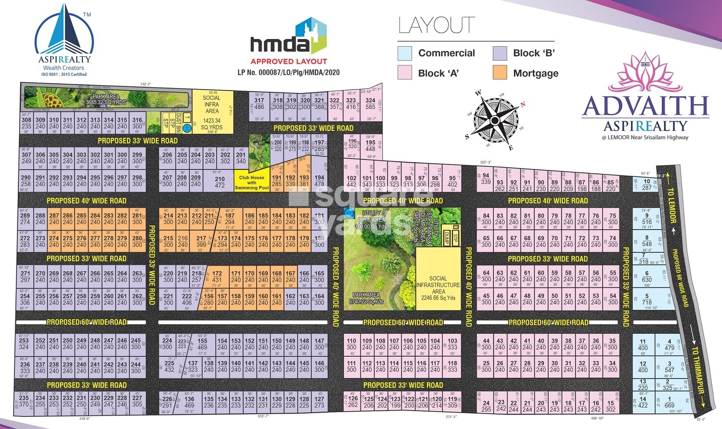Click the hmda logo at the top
[x=288, y=39]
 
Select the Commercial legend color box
[x=405, y=53]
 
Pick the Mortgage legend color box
[x=500, y=73]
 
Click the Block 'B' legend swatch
[x=500, y=53]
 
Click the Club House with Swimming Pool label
[x=252, y=182]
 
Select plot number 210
[x=220, y=182]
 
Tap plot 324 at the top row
[x=370, y=104]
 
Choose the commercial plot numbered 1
[x=669, y=402]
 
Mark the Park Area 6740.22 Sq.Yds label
[x=366, y=298]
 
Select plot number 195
[x=370, y=145]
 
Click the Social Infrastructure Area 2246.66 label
[x=438, y=288]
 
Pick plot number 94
[x=486, y=179]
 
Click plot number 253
[x=24, y=343]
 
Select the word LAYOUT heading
[x=437, y=26]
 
